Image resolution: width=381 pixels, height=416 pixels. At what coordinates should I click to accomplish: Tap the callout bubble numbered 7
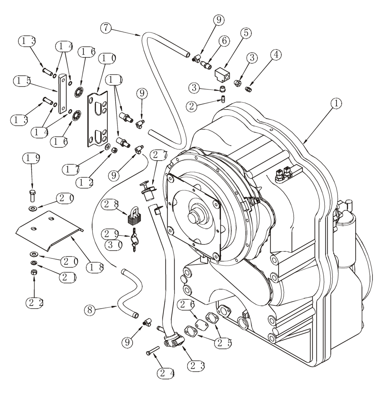106,28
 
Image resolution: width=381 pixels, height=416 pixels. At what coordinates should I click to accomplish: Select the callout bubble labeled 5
246,33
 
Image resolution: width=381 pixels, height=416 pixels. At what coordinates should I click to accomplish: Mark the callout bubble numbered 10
107,59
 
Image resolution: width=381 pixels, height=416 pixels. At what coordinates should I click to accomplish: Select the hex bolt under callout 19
33,194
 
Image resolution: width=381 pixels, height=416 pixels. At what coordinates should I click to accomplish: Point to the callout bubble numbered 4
275,54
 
